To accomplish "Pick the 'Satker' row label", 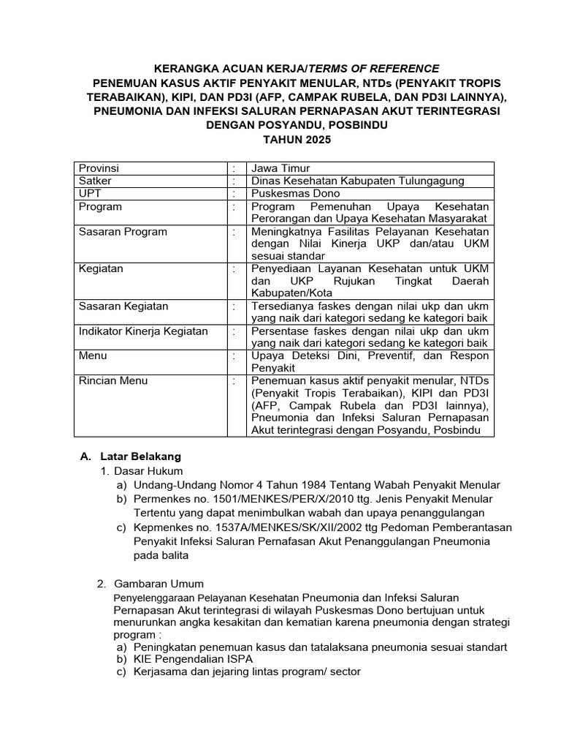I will click(95, 181).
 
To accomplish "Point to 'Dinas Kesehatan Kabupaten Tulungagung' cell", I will click(357, 181).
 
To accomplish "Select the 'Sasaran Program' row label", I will click(123, 232).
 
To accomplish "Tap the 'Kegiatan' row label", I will click(101, 268).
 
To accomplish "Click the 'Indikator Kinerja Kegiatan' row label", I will click(143, 331).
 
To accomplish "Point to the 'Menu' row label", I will click(93, 355).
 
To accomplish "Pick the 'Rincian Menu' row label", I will click(113, 380).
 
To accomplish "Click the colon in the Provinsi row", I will click(234, 168).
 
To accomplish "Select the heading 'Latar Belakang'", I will click(140, 456).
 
